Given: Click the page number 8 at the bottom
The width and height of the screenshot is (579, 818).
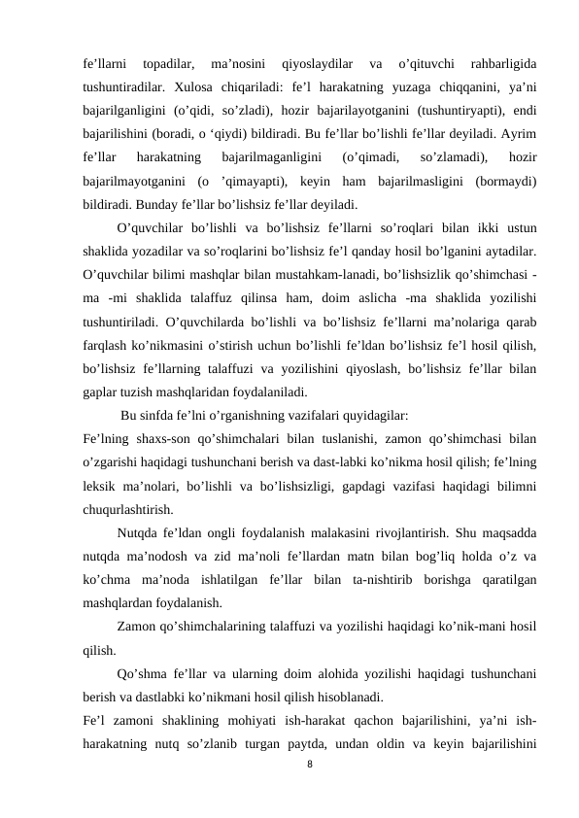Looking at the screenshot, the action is pyautogui.click(x=309, y=766).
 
